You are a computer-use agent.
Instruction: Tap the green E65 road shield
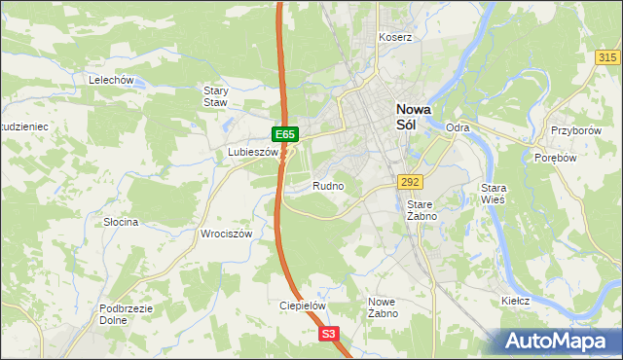tap(284, 133)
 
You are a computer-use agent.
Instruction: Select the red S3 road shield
tap(329, 334)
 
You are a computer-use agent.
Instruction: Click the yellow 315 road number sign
tap(606, 58)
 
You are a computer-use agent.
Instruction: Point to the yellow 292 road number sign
tap(409, 182)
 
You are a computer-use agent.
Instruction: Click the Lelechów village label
tap(110, 80)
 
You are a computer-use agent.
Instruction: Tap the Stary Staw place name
tap(215, 96)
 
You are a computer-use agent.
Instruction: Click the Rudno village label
tap(328, 186)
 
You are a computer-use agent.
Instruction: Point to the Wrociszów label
tap(227, 234)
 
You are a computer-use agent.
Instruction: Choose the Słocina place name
tap(122, 222)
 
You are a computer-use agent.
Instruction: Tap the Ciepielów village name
tap(302, 305)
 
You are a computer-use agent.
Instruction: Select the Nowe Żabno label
tap(382, 307)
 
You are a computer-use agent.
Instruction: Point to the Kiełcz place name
tap(515, 301)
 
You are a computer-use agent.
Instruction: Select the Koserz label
tap(396, 38)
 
